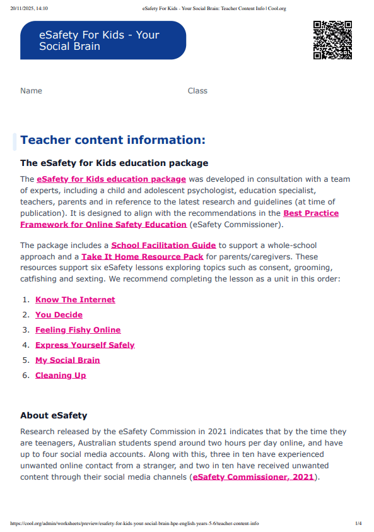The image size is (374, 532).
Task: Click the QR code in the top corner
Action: point(332,40)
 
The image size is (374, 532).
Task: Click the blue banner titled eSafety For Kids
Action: point(103,40)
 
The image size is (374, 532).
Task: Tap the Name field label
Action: point(31,91)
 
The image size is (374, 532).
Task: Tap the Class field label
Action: point(197,91)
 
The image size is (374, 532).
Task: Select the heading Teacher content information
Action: point(113,140)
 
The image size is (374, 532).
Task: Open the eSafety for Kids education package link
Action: point(111,179)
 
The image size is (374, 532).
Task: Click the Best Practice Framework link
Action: point(310,213)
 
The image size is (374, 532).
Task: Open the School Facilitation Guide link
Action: point(163,245)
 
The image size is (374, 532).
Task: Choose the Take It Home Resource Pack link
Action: point(142,256)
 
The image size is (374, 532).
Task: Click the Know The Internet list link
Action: point(75,300)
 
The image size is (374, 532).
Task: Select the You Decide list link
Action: point(59,315)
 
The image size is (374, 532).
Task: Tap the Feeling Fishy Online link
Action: point(78,330)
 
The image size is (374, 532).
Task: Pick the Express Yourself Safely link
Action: point(85,345)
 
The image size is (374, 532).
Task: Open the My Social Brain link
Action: point(67,360)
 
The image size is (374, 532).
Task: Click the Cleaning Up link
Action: point(61,375)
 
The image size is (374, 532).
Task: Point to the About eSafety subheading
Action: point(54,415)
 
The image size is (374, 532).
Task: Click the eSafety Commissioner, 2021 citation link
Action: point(253,477)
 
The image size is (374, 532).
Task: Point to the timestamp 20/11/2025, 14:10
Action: point(29,8)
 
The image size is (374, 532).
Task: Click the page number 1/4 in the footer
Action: point(358,524)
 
